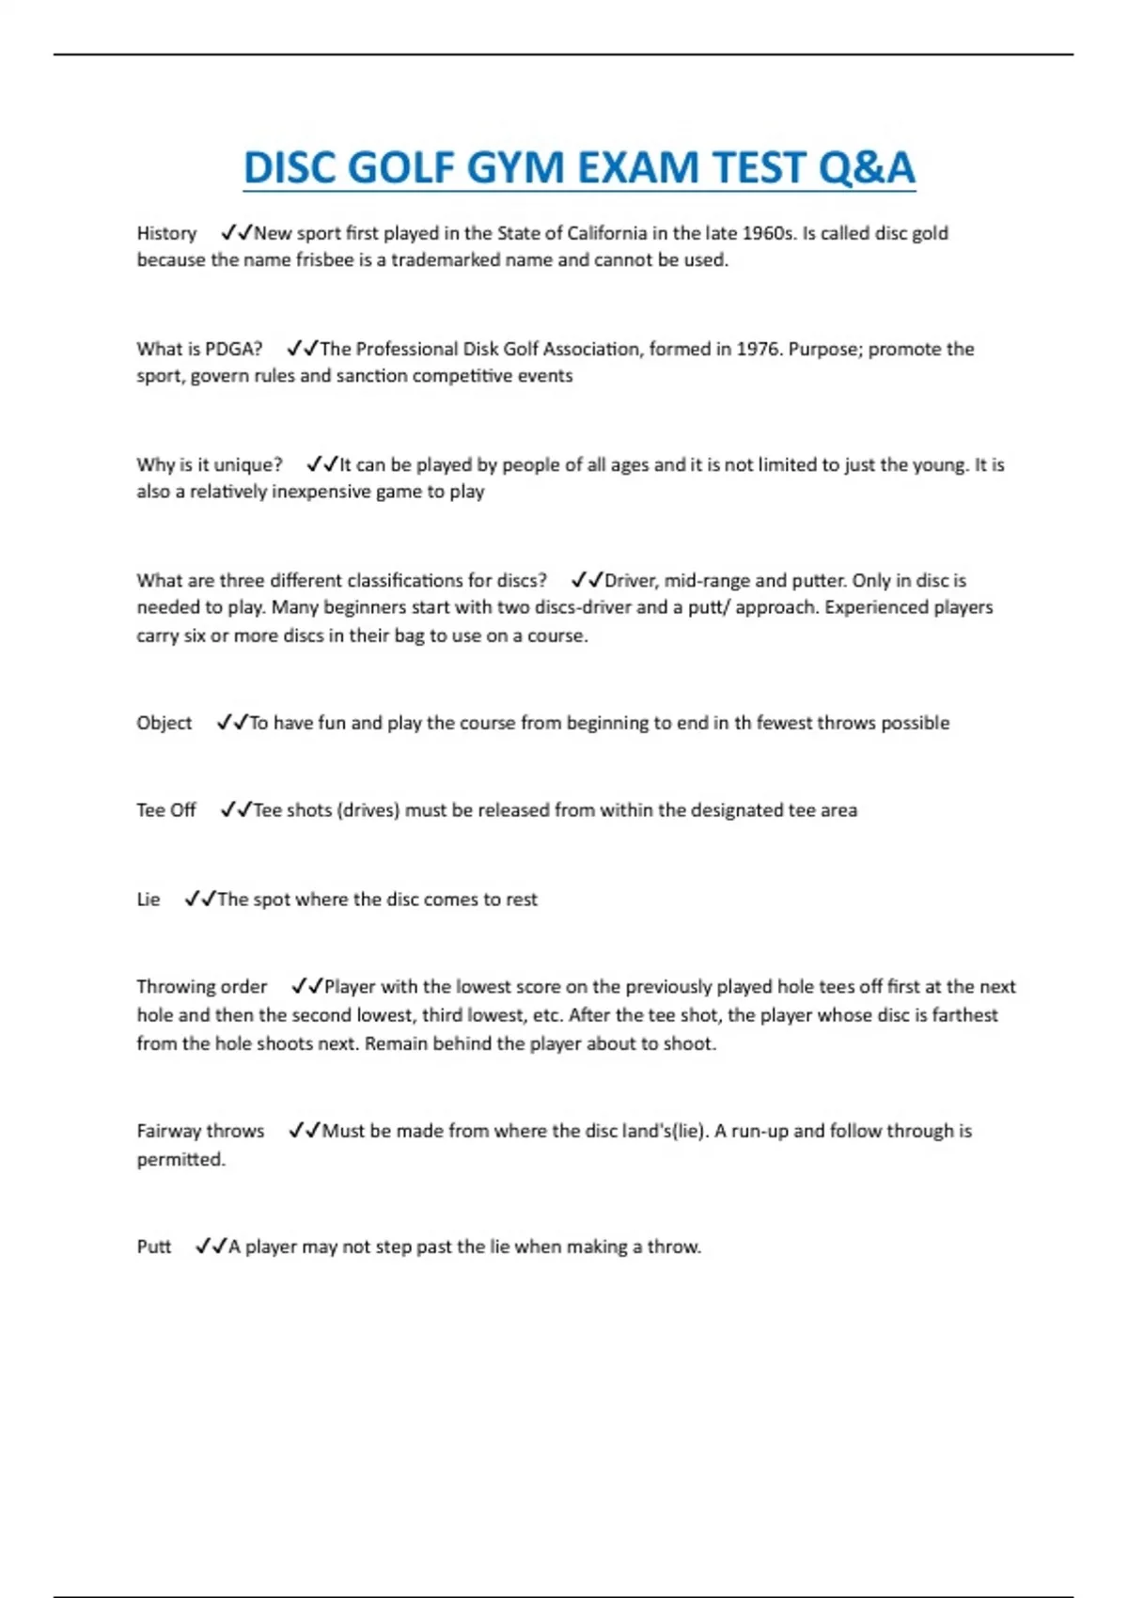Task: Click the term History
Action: [x=166, y=233]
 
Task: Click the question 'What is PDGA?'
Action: [x=199, y=349]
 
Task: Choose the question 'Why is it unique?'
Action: [x=209, y=464]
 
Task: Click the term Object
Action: [x=164, y=723]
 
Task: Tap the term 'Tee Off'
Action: [x=165, y=810]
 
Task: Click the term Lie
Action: [x=148, y=900]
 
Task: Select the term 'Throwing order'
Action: [x=201, y=987]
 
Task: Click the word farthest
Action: [x=964, y=1015]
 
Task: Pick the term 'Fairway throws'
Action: [x=200, y=1131]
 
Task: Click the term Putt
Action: [x=153, y=1246]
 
